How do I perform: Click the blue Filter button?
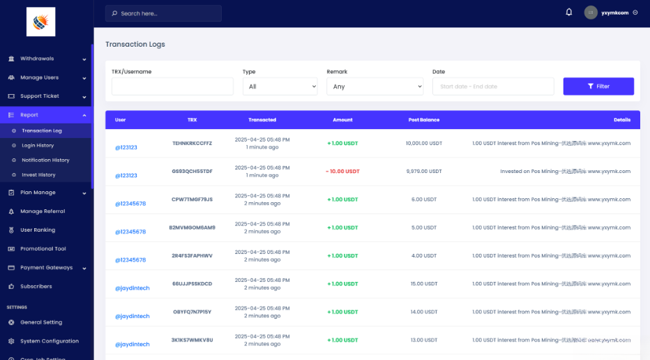tap(598, 86)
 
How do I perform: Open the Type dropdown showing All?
tap(280, 87)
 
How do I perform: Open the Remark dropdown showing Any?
tap(375, 87)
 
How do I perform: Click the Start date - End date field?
tap(492, 87)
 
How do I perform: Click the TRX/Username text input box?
tap(172, 87)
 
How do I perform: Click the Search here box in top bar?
tap(163, 13)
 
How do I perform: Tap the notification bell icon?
tap(569, 13)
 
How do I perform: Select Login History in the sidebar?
tap(38, 145)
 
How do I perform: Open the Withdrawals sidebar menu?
tap(37, 59)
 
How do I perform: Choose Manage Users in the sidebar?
tap(39, 77)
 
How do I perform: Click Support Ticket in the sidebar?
tap(39, 96)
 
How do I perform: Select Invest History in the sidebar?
tap(38, 174)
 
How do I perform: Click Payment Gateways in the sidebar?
tap(46, 267)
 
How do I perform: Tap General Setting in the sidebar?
tap(41, 322)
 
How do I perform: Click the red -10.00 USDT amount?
tap(342, 171)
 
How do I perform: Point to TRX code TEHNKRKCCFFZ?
tap(192, 143)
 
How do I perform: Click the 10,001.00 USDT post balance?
tap(423, 143)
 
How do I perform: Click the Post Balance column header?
tap(423, 120)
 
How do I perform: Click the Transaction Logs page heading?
tap(135, 44)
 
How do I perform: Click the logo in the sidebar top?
tap(40, 22)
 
